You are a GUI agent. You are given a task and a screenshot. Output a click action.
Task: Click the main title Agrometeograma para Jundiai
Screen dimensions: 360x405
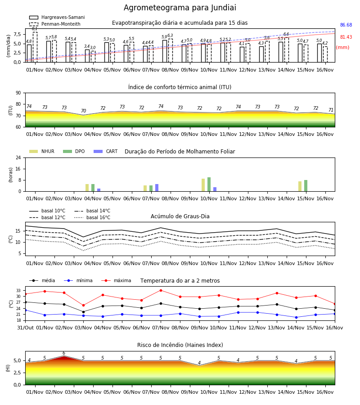(180, 8)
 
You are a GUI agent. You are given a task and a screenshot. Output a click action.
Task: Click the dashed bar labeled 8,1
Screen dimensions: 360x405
(35, 47)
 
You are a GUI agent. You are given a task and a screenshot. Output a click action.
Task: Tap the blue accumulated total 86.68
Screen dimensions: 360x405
(346, 25)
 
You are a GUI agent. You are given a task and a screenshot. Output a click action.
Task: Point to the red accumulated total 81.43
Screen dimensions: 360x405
(346, 37)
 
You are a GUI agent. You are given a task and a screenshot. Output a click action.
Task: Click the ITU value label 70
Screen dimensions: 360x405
(83, 111)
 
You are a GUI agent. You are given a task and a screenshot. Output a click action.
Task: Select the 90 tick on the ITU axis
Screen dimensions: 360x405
(18, 93)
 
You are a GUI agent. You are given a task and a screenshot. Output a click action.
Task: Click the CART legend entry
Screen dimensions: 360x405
(106, 151)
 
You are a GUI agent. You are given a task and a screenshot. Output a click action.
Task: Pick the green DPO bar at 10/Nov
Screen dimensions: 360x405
(209, 184)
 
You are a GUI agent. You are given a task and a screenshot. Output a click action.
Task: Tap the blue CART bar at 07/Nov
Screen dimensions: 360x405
(157, 188)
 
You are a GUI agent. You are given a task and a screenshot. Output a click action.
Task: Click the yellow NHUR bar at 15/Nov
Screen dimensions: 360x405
(300, 186)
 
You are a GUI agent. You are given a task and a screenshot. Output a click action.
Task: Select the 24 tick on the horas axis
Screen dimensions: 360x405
(18, 157)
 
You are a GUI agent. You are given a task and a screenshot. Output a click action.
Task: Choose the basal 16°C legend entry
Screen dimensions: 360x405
(92, 217)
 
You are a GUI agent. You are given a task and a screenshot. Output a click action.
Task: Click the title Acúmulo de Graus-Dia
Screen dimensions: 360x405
(180, 216)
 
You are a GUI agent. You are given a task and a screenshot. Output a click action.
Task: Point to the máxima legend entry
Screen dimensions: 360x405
(116, 280)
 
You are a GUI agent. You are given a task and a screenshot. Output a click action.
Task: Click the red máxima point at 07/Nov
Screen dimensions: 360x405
(161, 290)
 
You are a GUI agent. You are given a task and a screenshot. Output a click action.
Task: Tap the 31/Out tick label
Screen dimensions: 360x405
(25, 328)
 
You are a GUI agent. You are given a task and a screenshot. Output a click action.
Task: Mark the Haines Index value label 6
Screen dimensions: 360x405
(64, 353)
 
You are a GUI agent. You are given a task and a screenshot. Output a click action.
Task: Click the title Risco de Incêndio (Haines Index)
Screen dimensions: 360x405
(180, 345)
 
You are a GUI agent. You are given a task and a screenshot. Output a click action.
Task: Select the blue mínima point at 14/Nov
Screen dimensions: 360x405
(296, 317)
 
